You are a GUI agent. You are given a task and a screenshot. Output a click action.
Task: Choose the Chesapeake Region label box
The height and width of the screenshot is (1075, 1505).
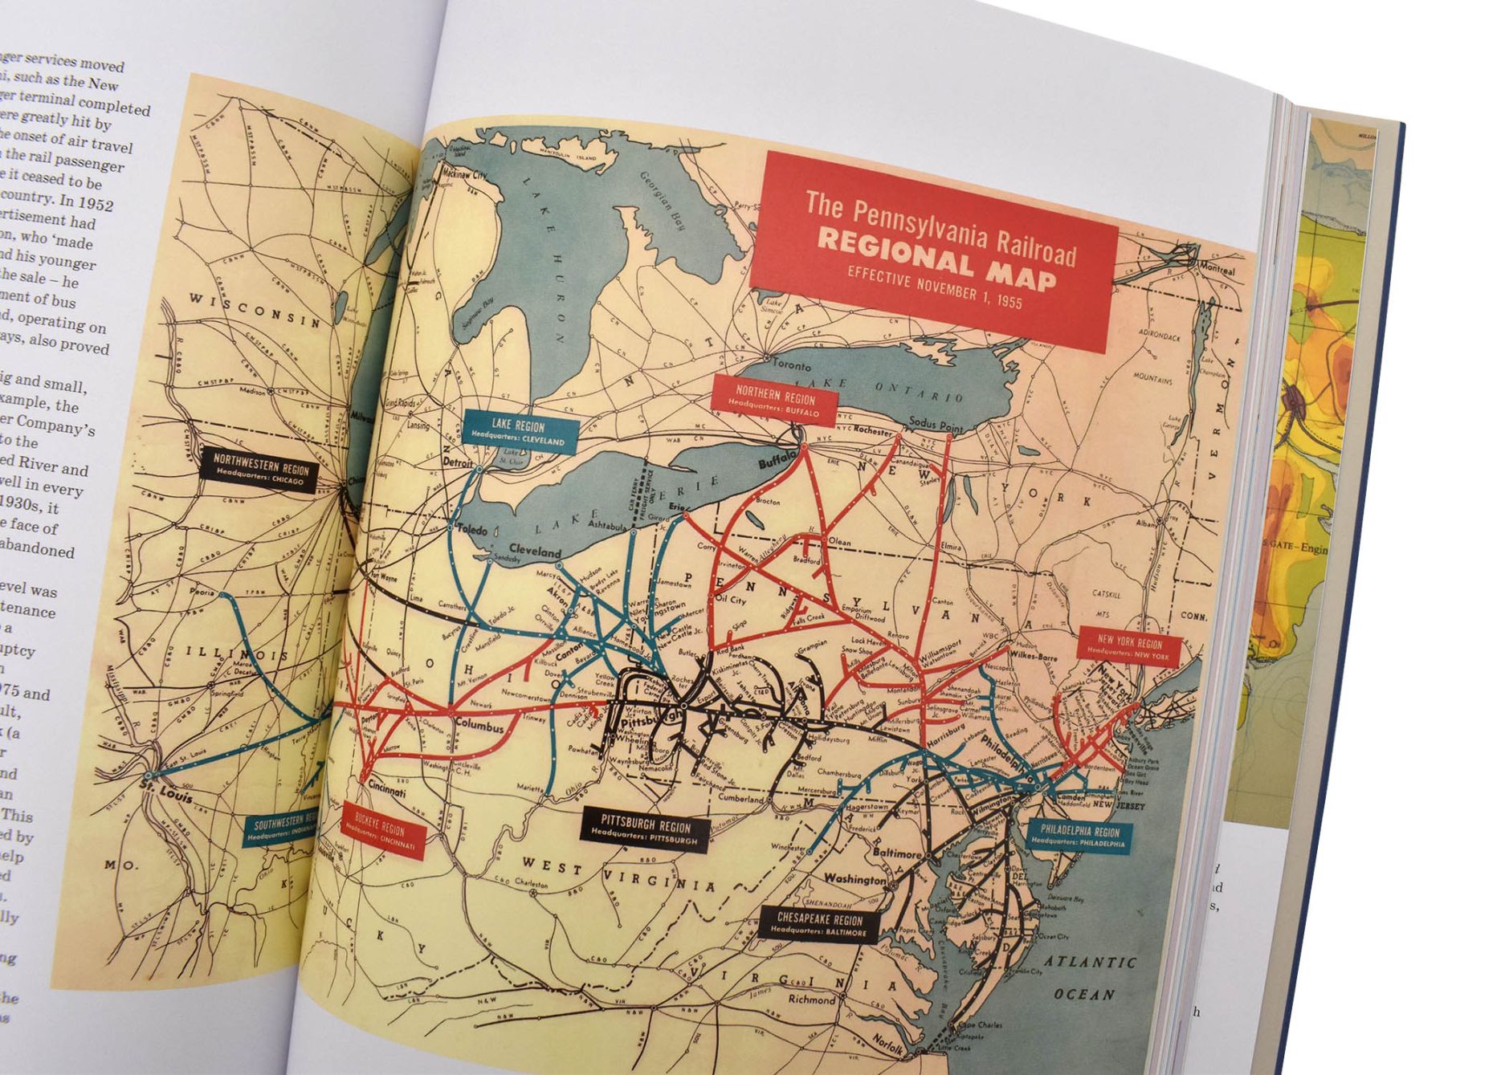pyautogui.click(x=819, y=925)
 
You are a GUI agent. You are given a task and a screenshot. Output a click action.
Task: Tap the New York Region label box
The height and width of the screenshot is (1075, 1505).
pyautogui.click(x=1129, y=648)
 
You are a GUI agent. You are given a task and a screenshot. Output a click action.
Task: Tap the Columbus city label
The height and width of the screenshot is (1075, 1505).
pyautogui.click(x=479, y=727)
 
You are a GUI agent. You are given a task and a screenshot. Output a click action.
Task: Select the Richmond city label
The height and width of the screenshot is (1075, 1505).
pyautogui.click(x=811, y=1000)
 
